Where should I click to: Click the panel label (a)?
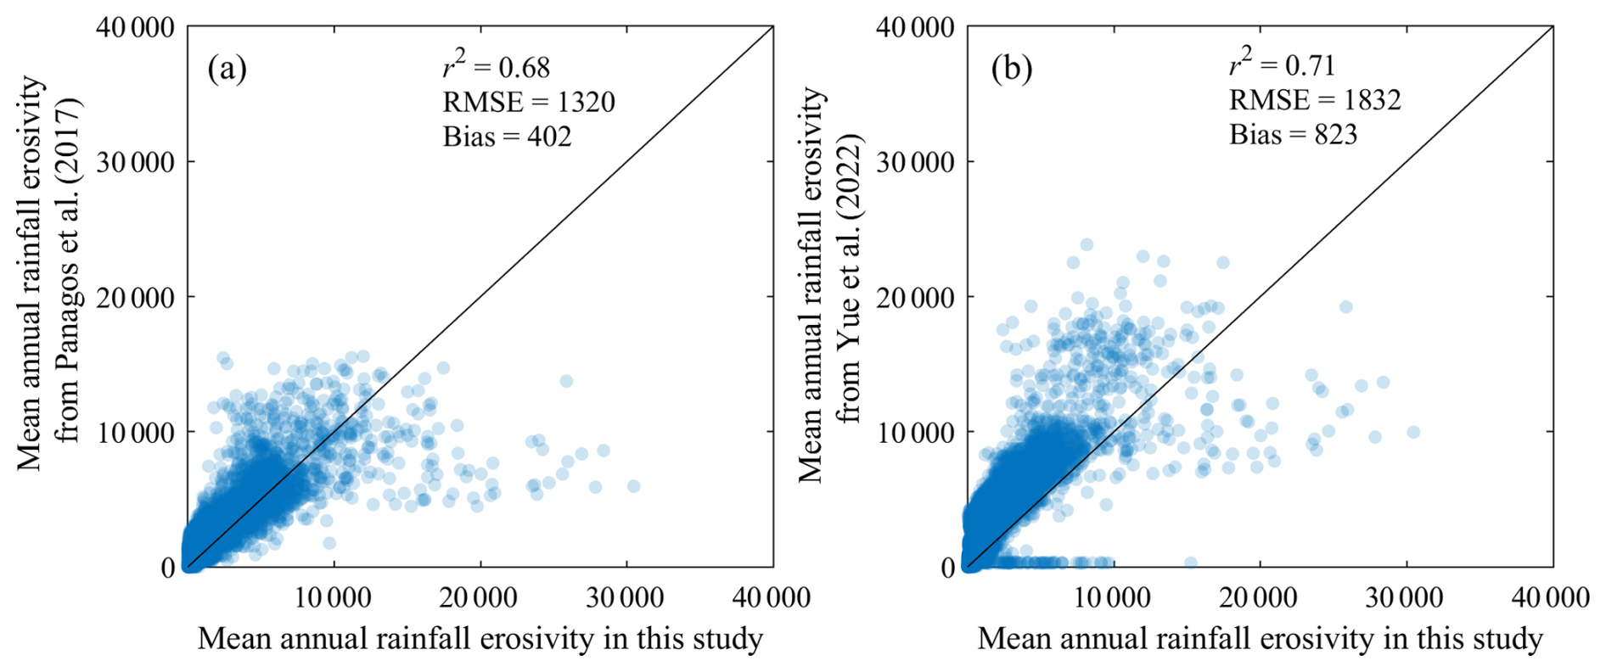(x=227, y=69)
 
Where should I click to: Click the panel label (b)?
(x=1011, y=69)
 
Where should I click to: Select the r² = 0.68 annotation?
(x=497, y=65)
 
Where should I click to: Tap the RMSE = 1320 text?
(x=528, y=102)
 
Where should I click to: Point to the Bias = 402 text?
(x=507, y=137)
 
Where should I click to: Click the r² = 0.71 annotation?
(x=1283, y=64)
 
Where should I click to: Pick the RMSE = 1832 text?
(x=1315, y=100)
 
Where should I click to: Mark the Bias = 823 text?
(x=1293, y=134)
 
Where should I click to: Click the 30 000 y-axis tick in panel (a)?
(x=135, y=162)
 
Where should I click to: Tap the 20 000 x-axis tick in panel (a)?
(x=480, y=598)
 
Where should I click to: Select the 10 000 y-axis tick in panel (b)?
(x=914, y=432)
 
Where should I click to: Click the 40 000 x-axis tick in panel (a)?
(x=772, y=598)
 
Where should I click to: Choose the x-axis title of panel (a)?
(x=480, y=639)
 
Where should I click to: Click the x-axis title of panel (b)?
(x=1260, y=639)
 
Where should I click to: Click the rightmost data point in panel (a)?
(x=633, y=486)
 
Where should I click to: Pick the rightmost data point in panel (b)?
(x=1413, y=433)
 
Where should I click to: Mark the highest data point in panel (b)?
(x=1087, y=245)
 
